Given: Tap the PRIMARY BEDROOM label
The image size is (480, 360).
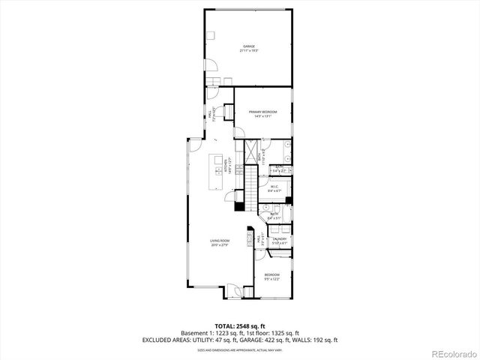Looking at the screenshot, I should [263, 113].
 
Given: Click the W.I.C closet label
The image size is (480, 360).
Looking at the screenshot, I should [274, 188].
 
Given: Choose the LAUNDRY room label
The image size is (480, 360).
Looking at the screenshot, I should [280, 240].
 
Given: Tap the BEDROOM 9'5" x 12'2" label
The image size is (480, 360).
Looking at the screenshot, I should [271, 277].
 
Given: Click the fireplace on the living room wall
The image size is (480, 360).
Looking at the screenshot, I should [238, 206].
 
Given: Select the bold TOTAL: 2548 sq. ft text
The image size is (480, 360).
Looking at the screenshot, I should [239, 325].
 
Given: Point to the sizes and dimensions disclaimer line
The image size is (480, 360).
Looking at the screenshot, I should [239, 349].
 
